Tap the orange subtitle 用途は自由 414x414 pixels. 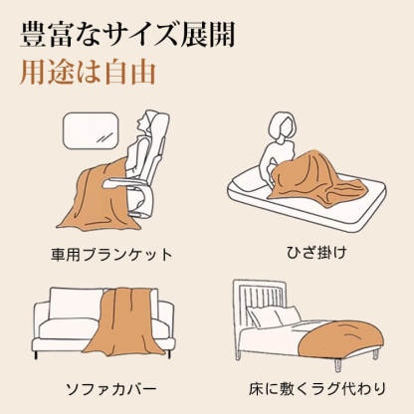click(89, 76)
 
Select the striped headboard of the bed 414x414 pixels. click(263, 299)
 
